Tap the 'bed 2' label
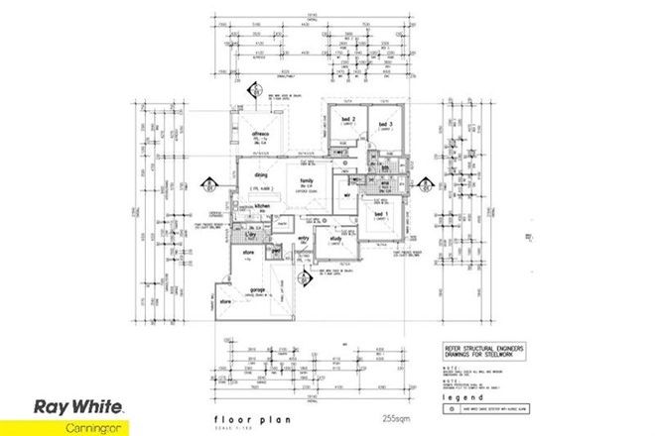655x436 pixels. pyautogui.click(x=347, y=120)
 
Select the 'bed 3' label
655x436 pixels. pyautogui.click(x=383, y=123)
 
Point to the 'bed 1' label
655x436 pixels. pyautogui.click(x=378, y=213)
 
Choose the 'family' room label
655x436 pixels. pyautogui.click(x=307, y=180)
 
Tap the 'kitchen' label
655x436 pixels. pyautogui.click(x=262, y=205)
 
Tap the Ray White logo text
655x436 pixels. pyautogui.click(x=78, y=405)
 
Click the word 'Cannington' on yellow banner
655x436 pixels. pyautogui.click(x=78, y=424)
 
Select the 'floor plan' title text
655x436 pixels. pyautogui.click(x=241, y=420)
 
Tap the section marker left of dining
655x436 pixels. pyautogui.click(x=208, y=185)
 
